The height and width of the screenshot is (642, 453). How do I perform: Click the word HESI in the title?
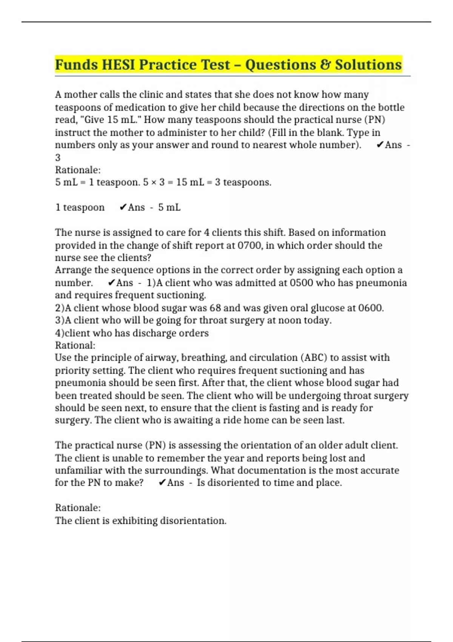point(119,65)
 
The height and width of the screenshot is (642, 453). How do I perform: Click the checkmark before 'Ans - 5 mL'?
point(123,207)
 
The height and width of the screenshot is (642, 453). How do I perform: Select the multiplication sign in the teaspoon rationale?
point(151,182)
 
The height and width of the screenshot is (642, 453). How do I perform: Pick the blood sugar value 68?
point(215,308)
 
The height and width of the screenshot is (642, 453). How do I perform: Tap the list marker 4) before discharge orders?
point(60,333)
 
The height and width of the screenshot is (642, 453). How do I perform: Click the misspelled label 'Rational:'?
point(75,346)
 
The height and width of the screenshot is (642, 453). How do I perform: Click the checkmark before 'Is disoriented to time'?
point(162,483)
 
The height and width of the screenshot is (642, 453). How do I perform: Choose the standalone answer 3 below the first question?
point(58,157)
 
